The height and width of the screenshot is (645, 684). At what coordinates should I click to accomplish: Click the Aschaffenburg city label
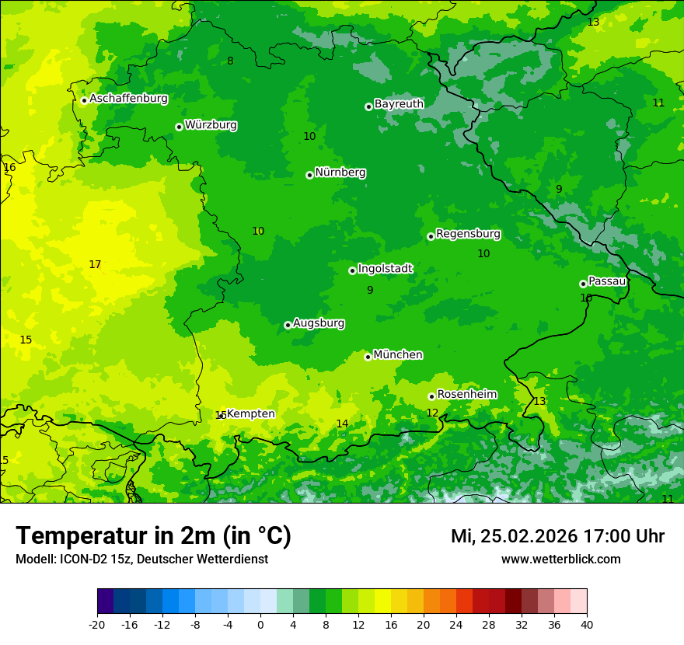click(x=128, y=99)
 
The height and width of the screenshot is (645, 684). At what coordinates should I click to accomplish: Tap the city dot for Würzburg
click(x=179, y=127)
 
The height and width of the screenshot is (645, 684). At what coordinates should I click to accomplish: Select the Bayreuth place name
click(x=399, y=103)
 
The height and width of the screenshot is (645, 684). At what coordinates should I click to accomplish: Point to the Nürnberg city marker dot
click(x=309, y=175)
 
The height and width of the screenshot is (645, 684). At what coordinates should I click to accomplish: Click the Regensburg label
click(x=468, y=234)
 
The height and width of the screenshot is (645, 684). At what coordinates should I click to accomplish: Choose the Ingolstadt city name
click(x=385, y=268)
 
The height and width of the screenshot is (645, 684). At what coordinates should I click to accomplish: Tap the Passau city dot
click(x=583, y=284)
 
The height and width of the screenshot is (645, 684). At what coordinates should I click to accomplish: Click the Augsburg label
click(x=319, y=322)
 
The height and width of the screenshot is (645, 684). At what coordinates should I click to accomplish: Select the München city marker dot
click(x=368, y=357)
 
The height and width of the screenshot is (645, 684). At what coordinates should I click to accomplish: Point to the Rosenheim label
click(x=466, y=394)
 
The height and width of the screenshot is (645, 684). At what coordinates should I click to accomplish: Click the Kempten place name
click(x=250, y=413)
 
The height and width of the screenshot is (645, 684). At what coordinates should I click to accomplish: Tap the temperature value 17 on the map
click(x=95, y=265)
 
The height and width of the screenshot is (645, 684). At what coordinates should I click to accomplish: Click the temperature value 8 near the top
click(x=230, y=61)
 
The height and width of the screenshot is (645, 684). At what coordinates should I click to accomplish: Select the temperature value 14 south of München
click(x=342, y=424)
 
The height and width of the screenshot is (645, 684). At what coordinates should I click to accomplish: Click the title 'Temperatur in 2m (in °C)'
click(x=153, y=536)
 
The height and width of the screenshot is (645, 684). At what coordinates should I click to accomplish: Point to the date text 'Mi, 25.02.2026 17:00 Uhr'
click(x=557, y=536)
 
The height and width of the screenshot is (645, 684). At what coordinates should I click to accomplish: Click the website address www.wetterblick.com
click(x=560, y=560)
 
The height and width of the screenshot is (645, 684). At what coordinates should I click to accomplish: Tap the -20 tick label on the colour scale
click(x=97, y=624)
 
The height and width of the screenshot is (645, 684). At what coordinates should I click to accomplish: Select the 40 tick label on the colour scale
click(x=587, y=624)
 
